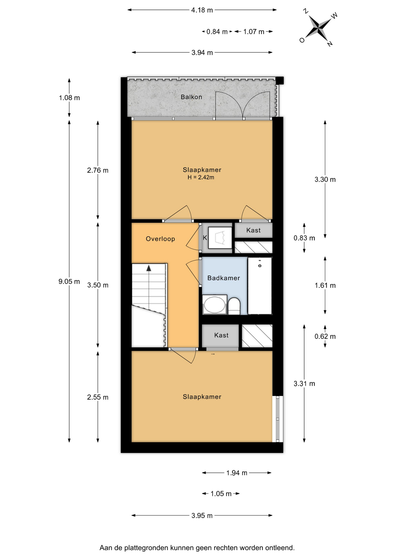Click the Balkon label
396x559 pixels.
coord(191,97)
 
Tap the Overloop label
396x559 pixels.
coord(160,239)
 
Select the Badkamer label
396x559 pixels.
coord(224,278)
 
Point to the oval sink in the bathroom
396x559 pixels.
coord(215,305)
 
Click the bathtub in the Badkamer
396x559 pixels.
coord(260,286)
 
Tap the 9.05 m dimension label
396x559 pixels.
coord(69,282)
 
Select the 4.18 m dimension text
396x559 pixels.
coord(202,10)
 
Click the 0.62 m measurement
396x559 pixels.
coord(325,337)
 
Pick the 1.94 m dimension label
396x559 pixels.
coord(237,473)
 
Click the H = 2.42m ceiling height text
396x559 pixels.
coord(201,177)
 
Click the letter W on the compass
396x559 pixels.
coord(334,15)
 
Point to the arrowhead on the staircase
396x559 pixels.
coord(149,268)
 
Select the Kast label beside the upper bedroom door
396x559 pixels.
coord(253,230)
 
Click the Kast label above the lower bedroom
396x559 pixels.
coord(221,335)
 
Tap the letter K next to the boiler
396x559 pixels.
coord(205,238)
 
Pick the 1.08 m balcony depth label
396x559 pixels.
coord(69,98)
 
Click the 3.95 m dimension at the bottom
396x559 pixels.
coord(202,516)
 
